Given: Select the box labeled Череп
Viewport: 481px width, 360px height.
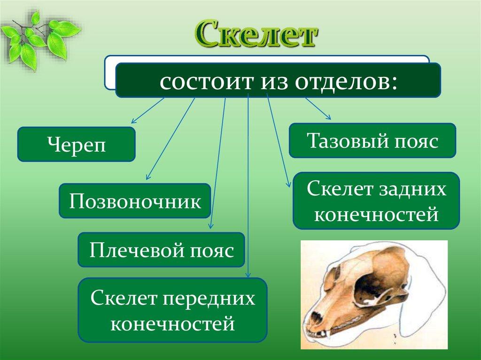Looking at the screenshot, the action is coord(77,144).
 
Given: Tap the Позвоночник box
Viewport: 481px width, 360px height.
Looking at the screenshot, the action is coord(135,201).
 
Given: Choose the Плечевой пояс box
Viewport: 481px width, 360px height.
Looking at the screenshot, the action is coord(162,250).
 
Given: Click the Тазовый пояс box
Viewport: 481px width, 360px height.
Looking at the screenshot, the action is coord(372,140).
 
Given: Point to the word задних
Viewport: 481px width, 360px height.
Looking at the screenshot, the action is coord(412,189).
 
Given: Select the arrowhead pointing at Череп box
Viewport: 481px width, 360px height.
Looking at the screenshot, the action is coord(133,121).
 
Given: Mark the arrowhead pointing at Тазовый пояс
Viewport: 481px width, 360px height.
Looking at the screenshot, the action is coord(328,117).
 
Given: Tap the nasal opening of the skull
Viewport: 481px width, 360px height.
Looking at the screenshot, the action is coord(315,318).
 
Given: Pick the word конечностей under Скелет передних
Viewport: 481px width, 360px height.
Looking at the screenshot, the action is coord(173,323).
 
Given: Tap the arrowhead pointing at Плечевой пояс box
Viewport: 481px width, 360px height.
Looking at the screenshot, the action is coord(211,226).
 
